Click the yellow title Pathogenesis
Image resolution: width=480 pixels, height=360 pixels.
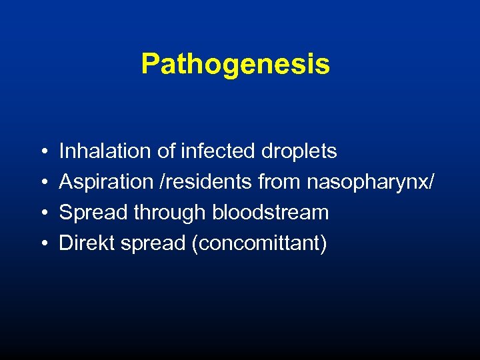(235, 65)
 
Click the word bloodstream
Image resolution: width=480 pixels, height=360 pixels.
(271, 213)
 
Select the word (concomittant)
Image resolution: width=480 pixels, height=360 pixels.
(259, 244)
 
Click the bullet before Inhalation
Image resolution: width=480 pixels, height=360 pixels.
(42, 152)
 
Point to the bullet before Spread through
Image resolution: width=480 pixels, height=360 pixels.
(42, 213)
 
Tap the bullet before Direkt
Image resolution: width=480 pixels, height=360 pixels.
(42, 244)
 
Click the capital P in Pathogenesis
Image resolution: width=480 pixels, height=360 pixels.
(150, 65)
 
